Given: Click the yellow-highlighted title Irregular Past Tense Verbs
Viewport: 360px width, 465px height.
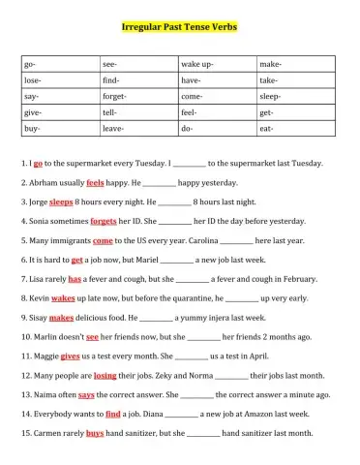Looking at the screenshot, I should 179,27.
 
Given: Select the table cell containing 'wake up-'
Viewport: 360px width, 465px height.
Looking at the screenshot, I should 216,64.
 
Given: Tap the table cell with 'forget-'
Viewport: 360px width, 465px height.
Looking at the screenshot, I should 137,97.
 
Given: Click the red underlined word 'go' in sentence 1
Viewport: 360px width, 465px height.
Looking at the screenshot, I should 38,165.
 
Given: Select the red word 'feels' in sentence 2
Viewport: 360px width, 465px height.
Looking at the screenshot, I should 95,182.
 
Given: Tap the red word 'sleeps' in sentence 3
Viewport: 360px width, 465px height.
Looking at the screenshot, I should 61,202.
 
